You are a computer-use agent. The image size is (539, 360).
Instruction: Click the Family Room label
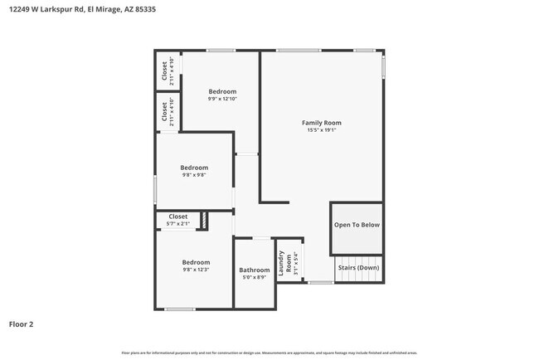pyautogui.click(x=321, y=123)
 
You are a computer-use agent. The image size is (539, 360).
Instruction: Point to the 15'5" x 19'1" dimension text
pyautogui.click(x=321, y=130)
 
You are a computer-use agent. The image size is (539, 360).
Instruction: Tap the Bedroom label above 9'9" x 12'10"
pyautogui.click(x=222, y=91)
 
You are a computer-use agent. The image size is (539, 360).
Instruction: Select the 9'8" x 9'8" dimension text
pyautogui.click(x=194, y=175)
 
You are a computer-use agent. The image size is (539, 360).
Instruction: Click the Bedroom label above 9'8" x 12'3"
pyautogui.click(x=196, y=262)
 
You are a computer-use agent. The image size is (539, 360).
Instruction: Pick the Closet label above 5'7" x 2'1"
pyautogui.click(x=178, y=216)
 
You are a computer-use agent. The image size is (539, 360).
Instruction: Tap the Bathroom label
pyautogui.click(x=254, y=270)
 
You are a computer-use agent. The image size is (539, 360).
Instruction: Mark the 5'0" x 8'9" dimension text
pyautogui.click(x=254, y=277)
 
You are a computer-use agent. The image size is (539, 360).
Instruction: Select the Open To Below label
pyautogui.click(x=357, y=225)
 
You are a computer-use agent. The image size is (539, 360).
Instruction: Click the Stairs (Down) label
pyautogui.click(x=357, y=268)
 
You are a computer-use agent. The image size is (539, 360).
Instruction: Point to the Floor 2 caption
pyautogui.click(x=22, y=324)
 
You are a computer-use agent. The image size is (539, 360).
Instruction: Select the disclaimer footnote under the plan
pyautogui.click(x=269, y=353)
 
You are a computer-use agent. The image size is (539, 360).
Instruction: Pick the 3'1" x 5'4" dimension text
pyautogui.click(x=294, y=264)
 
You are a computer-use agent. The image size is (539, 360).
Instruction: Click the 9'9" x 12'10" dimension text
pyautogui.click(x=222, y=99)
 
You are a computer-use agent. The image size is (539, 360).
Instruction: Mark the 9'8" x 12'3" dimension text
pyautogui.click(x=196, y=270)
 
